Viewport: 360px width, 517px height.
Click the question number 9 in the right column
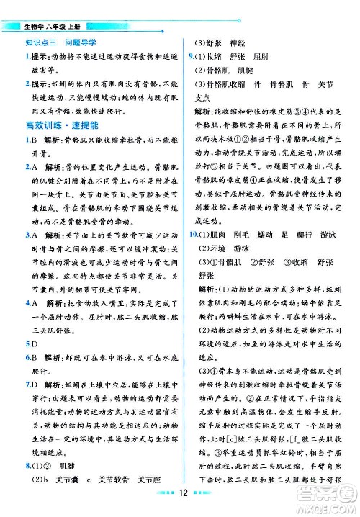pyautogui.click(x=189, y=55)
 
